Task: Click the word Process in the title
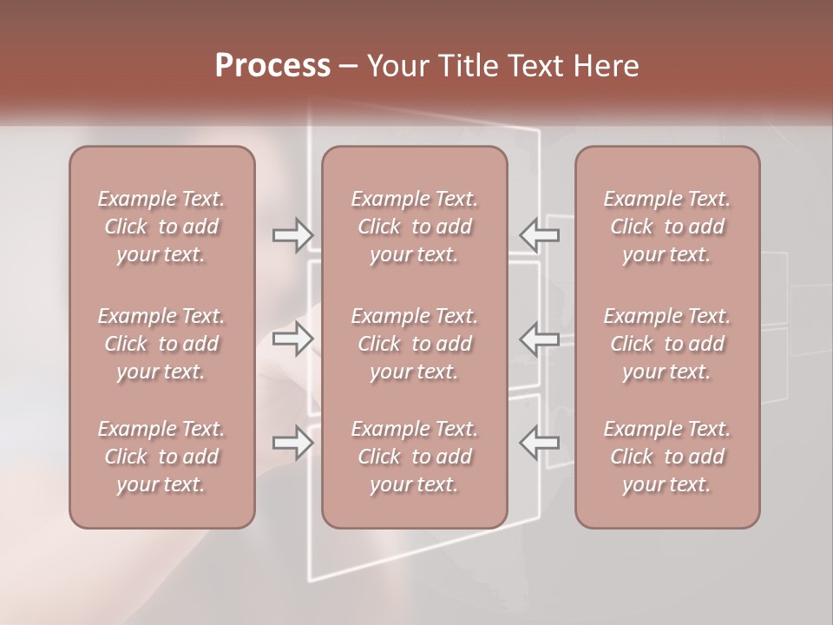272,66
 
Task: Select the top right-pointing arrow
292,234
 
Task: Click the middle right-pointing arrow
292,339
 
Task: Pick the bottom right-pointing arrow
292,443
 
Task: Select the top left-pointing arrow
539,234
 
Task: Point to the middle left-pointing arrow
539,339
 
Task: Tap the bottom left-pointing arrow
539,443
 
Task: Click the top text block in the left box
161,227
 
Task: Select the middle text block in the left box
161,344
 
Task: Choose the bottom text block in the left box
161,457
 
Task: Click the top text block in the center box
415,227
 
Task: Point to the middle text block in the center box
415,344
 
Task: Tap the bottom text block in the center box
415,457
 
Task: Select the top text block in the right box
667,227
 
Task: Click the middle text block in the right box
667,344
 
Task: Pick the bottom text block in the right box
667,457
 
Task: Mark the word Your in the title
397,66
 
